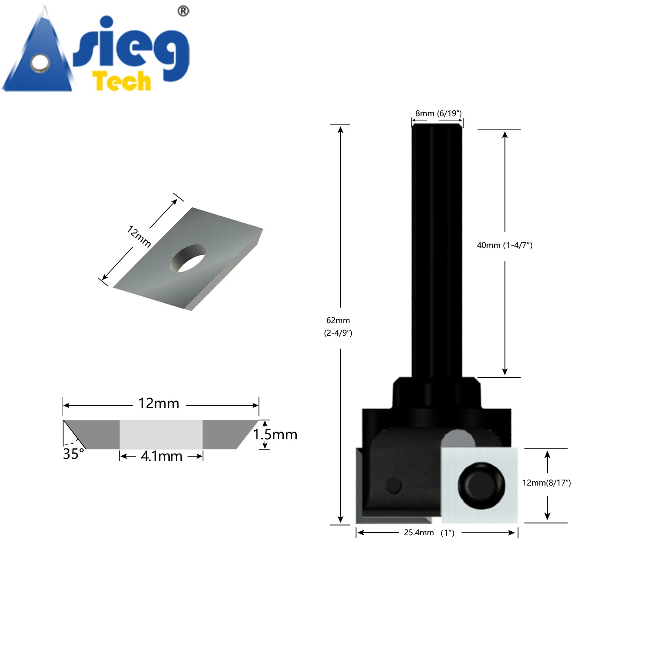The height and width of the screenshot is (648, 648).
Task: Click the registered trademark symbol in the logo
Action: [183, 11]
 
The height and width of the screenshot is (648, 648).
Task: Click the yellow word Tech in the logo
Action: [122, 81]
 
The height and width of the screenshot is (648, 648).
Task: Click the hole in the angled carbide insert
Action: [188, 258]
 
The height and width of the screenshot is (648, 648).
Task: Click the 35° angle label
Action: [73, 454]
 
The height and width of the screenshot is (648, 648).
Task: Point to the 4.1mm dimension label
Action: [162, 456]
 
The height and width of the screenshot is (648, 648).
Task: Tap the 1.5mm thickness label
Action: [275, 434]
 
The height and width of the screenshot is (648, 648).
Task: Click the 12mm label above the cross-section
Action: [159, 403]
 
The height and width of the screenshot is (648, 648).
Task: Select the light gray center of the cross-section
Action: [161, 434]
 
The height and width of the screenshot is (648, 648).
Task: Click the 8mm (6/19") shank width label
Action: [438, 114]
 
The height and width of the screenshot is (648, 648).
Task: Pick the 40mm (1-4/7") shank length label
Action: [505, 245]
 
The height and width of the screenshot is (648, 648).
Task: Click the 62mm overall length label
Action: [338, 321]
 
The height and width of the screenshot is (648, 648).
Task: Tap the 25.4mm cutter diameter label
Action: [419, 533]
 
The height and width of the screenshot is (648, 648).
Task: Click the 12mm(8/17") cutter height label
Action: [546, 483]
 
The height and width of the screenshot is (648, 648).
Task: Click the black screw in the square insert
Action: [481, 486]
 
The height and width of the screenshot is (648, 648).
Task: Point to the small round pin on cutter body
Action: [393, 486]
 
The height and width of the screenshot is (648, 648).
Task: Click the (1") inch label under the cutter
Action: [448, 533]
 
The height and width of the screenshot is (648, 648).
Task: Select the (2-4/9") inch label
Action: [338, 333]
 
